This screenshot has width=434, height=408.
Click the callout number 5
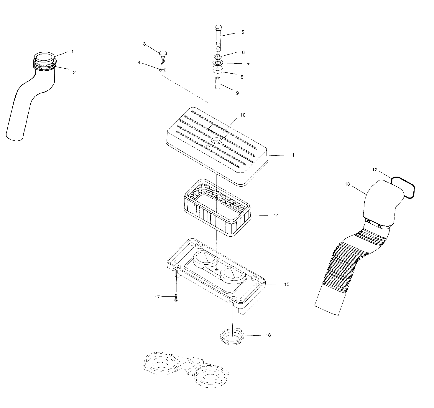[242, 32]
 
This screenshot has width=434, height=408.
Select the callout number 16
[268, 335]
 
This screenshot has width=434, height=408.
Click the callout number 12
[374, 170]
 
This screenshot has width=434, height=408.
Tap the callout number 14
[276, 216]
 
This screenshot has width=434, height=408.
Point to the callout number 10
[242, 115]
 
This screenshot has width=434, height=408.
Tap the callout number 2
[74, 72]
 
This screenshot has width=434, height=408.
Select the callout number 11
[292, 155]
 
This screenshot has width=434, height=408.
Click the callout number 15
[287, 284]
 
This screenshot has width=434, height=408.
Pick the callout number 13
[347, 184]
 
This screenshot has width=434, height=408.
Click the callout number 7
[248, 65]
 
